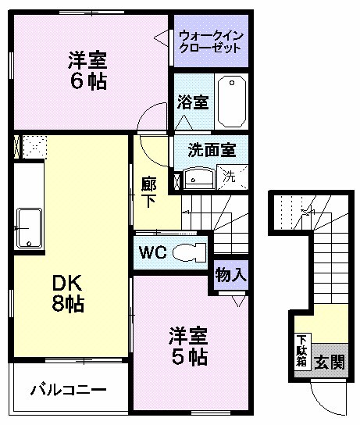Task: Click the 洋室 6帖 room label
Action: pyautogui.click(x=87, y=70)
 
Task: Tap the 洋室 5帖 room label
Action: pyautogui.click(x=189, y=347)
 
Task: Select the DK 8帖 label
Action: pyautogui.click(x=68, y=291)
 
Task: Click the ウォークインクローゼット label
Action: pyautogui.click(x=211, y=41)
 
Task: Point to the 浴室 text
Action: pyautogui.click(x=192, y=102)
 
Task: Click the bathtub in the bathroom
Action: pyautogui.click(x=231, y=100)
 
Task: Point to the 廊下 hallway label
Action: pyautogui.click(x=149, y=191)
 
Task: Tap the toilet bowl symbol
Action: pyautogui.click(x=187, y=252)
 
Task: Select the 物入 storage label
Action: pyautogui.click(x=230, y=275)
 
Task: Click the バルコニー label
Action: pyautogui.click(x=68, y=389)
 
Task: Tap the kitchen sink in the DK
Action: pyautogui.click(x=29, y=227)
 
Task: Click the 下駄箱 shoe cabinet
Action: pyautogui.click(x=301, y=350)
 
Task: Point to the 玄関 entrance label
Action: pyautogui.click(x=329, y=362)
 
